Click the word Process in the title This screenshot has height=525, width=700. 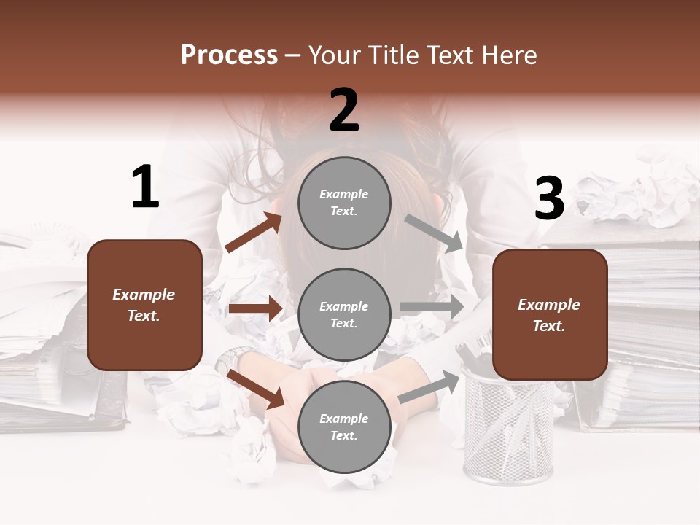229,55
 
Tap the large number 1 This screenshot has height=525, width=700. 145,187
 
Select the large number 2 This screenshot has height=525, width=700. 344,110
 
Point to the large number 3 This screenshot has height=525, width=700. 549,199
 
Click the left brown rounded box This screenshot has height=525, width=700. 144,305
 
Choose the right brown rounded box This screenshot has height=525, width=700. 550,314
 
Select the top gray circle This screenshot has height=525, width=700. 344,203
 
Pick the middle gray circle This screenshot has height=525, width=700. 344,314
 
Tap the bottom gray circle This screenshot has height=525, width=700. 344,427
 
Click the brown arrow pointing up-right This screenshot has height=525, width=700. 254,233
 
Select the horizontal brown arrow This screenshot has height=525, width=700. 255,308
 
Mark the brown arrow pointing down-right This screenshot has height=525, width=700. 256,389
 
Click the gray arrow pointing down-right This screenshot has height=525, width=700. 434,233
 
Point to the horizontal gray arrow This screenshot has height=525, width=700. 431,307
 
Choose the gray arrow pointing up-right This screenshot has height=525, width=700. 429,386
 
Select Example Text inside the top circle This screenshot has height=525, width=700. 344,203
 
